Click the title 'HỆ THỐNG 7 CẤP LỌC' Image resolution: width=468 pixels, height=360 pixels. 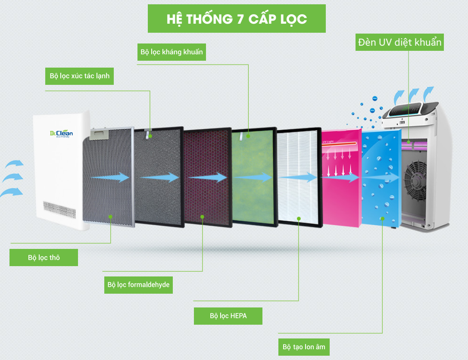tap(237, 19)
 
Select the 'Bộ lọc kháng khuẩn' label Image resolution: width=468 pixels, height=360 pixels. tap(172, 53)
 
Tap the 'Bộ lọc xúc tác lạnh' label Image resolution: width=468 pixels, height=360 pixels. tap(79, 76)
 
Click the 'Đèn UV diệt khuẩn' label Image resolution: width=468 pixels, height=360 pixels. tap(399, 42)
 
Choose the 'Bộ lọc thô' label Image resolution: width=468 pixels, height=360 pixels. tap(44, 258)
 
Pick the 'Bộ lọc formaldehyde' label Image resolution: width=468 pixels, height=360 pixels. tap(138, 285)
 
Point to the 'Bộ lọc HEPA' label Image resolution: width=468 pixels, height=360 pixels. tap(228, 316)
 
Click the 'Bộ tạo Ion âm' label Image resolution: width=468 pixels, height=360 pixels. tap(304, 347)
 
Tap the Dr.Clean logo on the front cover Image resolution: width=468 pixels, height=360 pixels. tap(61, 134)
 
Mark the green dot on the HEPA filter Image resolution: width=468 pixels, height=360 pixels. tap(299, 218)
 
